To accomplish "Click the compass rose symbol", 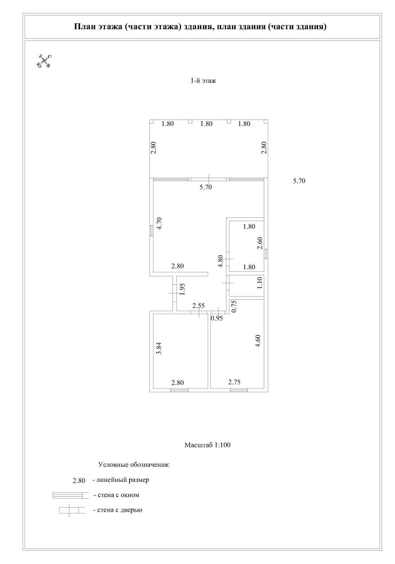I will point(44,61).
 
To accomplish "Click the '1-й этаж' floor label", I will point(203,81).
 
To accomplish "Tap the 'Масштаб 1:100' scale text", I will point(207,445).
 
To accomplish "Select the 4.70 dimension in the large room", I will point(159,223).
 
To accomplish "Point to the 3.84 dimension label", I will point(159,348).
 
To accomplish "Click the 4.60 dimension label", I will point(258,341).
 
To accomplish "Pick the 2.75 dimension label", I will point(234,382).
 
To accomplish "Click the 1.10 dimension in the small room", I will point(260,283).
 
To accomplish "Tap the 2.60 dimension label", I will point(260,243).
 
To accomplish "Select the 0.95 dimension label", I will point(217,318).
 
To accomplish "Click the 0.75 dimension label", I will point(233,306).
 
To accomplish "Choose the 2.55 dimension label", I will point(198,306).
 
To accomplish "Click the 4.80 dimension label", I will point(220,261).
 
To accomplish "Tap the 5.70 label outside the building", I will point(299,181).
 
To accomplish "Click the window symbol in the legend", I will point(70,495).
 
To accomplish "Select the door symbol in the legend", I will point(72,510).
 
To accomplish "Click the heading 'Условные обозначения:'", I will point(134,465).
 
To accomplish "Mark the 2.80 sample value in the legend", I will point(79,480).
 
